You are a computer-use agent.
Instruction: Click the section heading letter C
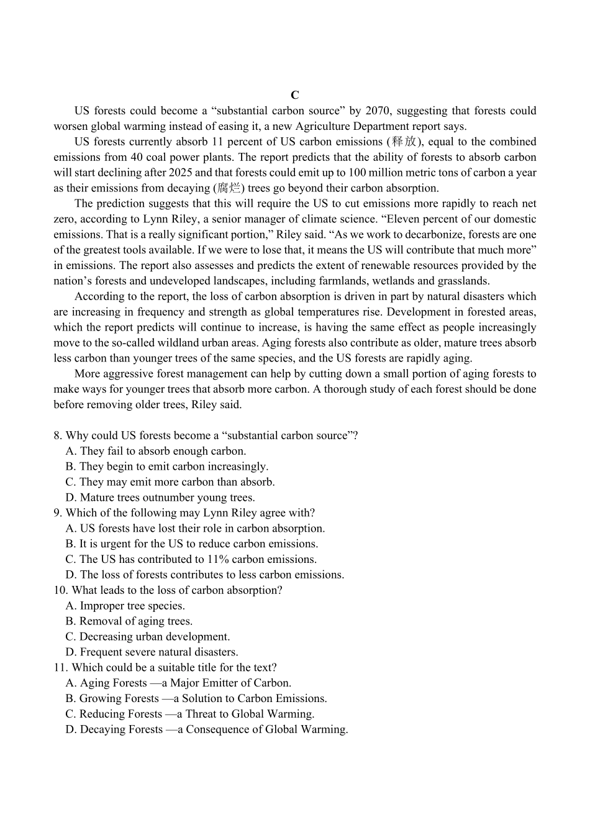[295, 95]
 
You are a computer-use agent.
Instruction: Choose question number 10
[60, 590]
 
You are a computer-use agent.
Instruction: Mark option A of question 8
[156, 451]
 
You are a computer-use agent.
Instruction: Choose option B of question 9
[192, 544]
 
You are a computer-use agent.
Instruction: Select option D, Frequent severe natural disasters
[152, 652]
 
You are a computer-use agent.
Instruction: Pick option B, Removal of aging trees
[129, 621]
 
